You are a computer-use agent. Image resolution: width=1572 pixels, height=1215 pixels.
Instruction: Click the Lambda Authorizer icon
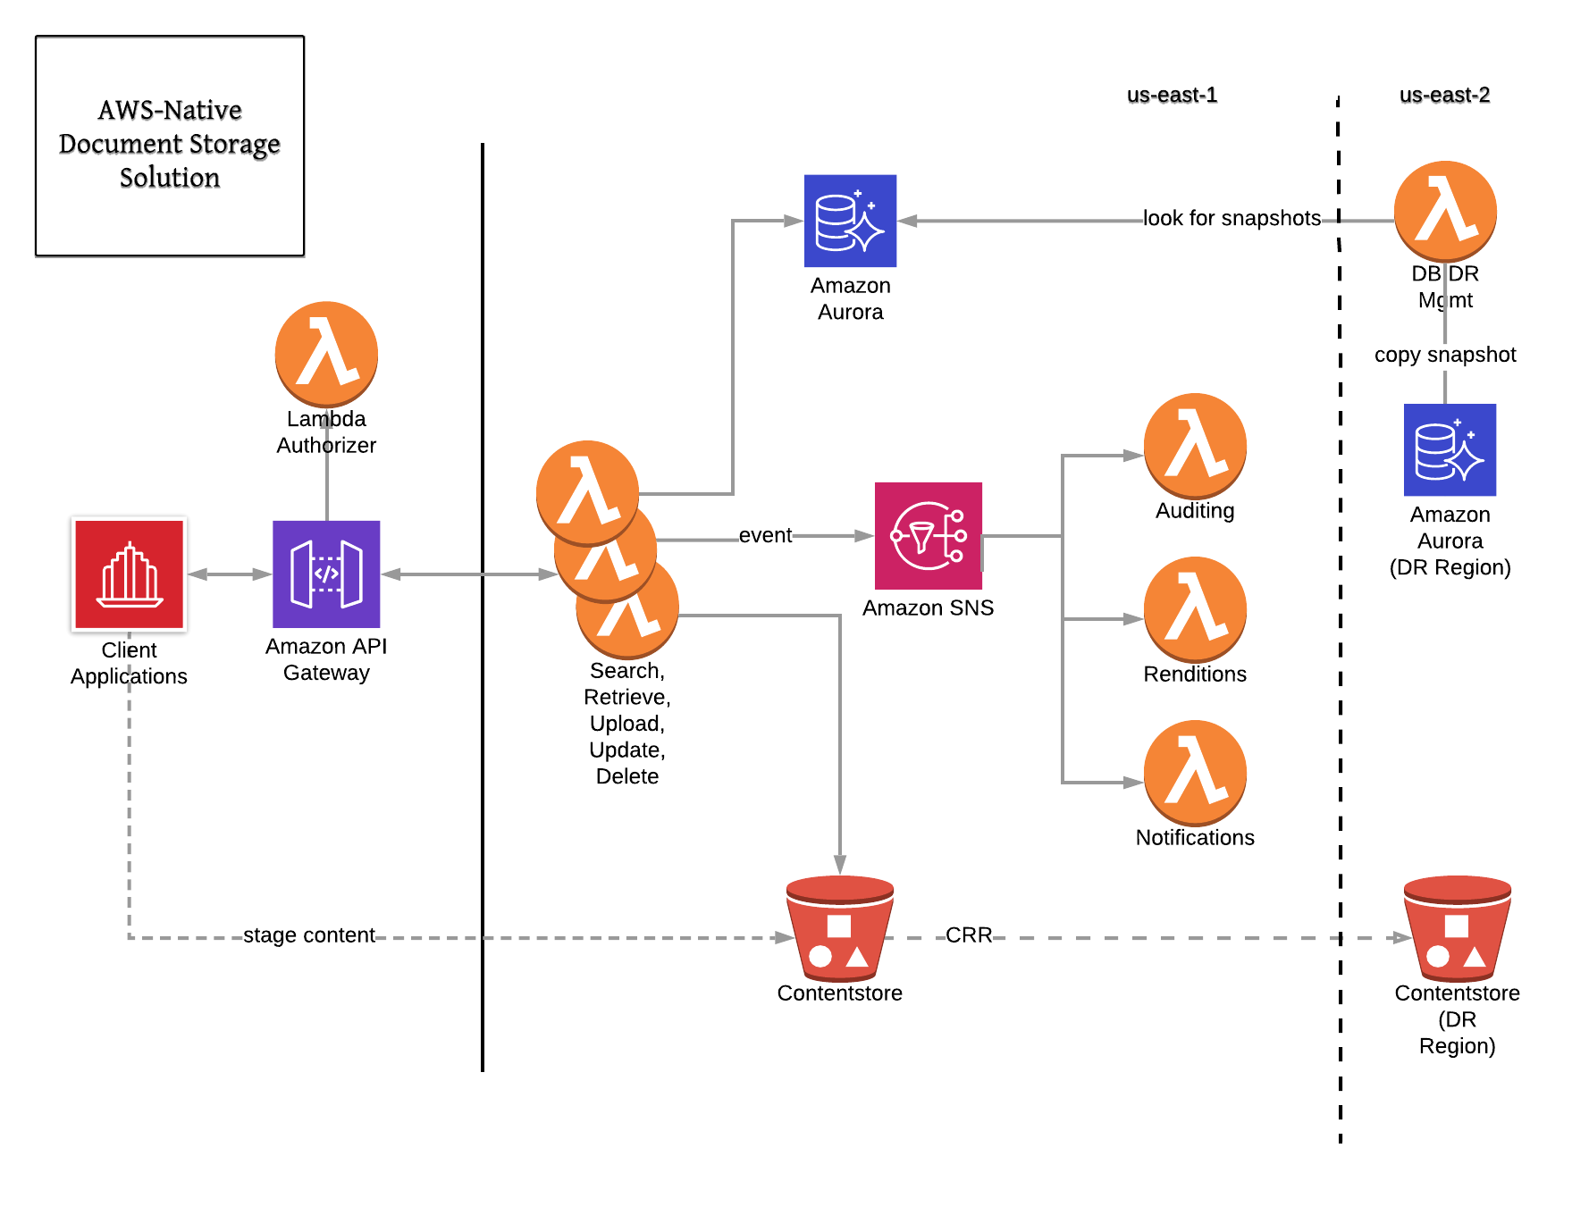pyautogui.click(x=326, y=354)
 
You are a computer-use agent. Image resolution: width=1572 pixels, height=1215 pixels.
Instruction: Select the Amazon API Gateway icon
pyautogui.click(x=326, y=574)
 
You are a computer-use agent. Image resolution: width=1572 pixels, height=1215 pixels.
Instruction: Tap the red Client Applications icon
pyautogui.click(x=130, y=574)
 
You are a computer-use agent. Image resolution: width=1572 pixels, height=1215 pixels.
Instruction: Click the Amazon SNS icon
pyautogui.click(x=928, y=536)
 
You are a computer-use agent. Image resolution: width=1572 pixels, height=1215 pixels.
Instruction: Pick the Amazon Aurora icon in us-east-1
pyautogui.click(x=850, y=221)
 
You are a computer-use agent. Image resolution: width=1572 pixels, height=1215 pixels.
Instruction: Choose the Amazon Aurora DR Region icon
pyautogui.click(x=1450, y=449)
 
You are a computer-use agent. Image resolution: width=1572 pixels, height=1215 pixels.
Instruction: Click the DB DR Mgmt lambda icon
pyautogui.click(x=1445, y=213)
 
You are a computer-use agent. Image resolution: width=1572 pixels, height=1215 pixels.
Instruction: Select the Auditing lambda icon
pyautogui.click(x=1195, y=445)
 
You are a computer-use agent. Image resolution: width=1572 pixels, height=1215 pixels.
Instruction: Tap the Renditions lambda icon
pyautogui.click(x=1195, y=608)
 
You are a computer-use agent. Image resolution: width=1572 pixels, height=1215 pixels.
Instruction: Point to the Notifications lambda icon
pyautogui.click(x=1195, y=772)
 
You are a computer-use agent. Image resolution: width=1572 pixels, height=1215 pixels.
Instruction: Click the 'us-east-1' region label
pyautogui.click(x=1172, y=95)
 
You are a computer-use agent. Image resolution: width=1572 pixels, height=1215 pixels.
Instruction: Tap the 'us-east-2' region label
pyautogui.click(x=1444, y=95)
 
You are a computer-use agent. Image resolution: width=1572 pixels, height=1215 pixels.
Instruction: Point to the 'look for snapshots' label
pyautogui.click(x=1232, y=218)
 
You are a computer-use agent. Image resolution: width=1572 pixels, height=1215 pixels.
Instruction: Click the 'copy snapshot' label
pyautogui.click(x=1445, y=355)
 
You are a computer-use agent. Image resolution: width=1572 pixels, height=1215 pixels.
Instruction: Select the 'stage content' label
pyautogui.click(x=309, y=935)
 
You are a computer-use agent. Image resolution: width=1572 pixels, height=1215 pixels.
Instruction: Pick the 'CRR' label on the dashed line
pyautogui.click(x=969, y=935)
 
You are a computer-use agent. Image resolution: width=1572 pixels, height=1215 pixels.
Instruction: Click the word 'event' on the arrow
pyautogui.click(x=765, y=535)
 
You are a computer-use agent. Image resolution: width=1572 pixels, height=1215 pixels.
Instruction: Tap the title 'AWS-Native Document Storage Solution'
pyautogui.click(x=170, y=144)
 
